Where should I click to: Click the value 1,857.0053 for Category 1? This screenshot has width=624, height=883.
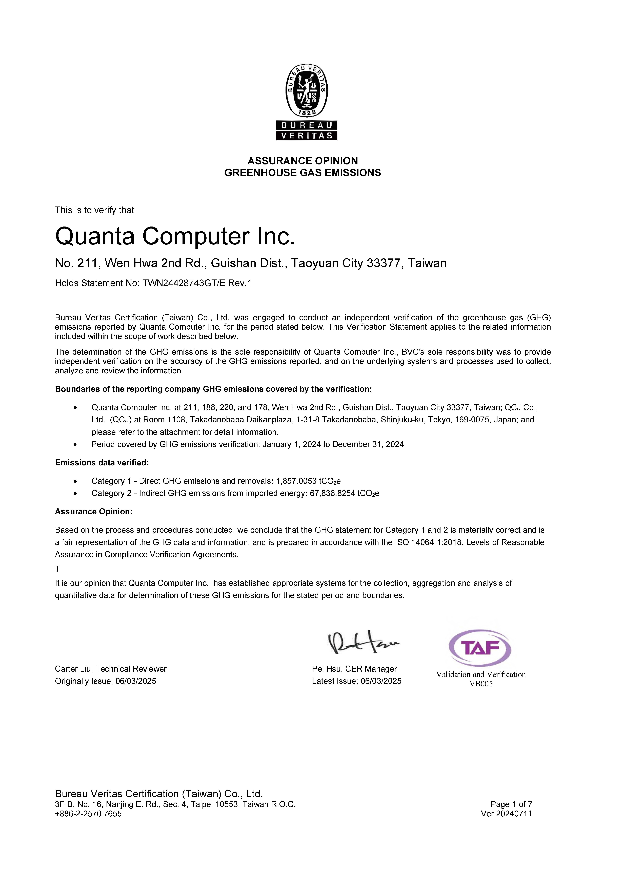pos(296,481)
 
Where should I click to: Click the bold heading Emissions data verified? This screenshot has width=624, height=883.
pos(102,463)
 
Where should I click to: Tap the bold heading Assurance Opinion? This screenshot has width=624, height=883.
pos(93,512)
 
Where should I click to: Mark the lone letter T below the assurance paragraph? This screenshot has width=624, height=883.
pos(57,569)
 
